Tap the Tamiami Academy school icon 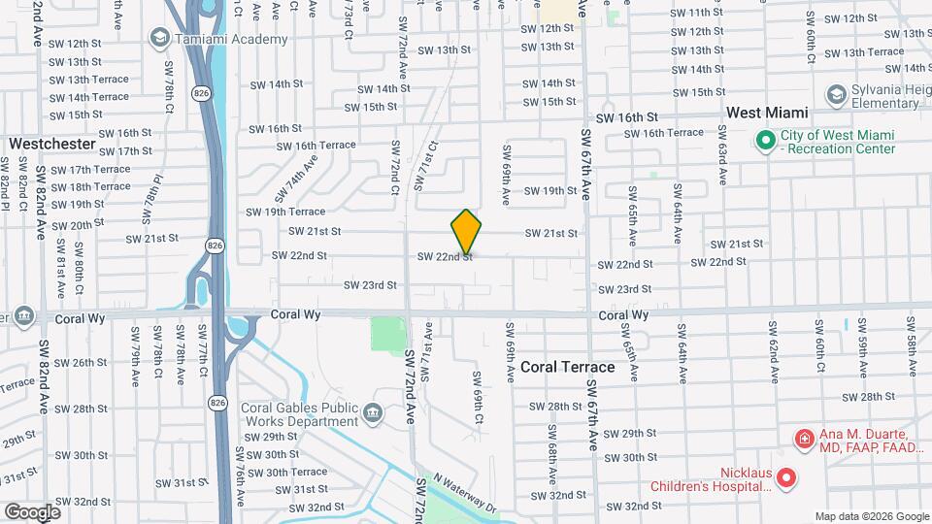[x=158, y=38]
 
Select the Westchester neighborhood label [x=52, y=144]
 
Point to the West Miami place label [x=768, y=113]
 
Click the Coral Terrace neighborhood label [x=568, y=367]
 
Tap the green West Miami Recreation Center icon [x=766, y=142]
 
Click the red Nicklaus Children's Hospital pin [x=786, y=478]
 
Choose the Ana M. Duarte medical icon [x=804, y=440]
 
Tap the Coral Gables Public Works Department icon [x=371, y=414]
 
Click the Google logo [x=32, y=511]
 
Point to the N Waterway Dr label [x=465, y=493]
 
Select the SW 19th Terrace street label [x=285, y=211]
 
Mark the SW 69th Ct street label [x=478, y=397]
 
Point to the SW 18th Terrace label [x=100, y=186]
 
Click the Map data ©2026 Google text [x=871, y=515]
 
